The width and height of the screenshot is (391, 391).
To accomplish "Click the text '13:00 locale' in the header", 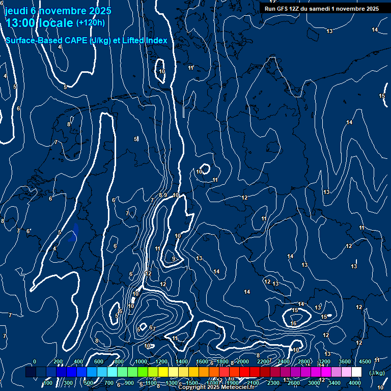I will click(40, 23).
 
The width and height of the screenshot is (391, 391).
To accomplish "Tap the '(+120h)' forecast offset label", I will click(90, 22).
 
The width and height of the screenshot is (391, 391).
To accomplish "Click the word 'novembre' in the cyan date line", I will click(64, 10).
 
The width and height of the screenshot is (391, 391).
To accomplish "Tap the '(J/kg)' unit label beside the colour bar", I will click(377, 373).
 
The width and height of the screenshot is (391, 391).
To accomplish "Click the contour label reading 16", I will click(293, 323).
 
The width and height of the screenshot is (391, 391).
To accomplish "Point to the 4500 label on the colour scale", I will click(365, 361).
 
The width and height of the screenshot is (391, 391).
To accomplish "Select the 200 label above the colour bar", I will click(58, 361).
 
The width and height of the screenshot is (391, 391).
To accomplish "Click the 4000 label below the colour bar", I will click(355, 383).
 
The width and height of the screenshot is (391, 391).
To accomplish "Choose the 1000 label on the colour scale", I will click(141, 361).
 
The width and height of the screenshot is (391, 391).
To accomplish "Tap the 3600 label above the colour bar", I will click(345, 361).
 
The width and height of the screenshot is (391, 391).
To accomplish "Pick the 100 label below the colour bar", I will click(48, 383).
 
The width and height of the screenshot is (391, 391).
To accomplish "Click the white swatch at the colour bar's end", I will click(356, 372).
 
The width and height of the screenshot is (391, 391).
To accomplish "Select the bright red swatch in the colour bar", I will click(244, 372).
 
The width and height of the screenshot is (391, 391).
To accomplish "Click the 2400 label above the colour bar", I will click(284, 361).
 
